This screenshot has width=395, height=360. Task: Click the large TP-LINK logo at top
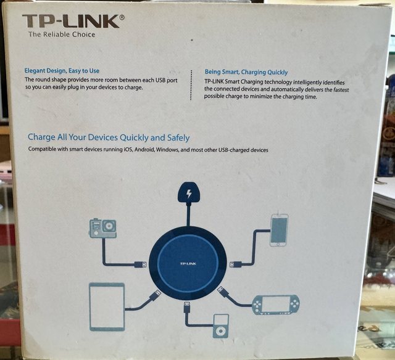(x=71, y=21)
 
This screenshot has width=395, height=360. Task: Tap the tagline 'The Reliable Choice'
(x=62, y=35)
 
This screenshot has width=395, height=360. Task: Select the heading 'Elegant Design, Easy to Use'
(x=62, y=71)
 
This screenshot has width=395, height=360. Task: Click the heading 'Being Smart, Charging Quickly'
(x=246, y=72)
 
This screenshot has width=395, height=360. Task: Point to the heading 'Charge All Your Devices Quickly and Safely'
(x=109, y=137)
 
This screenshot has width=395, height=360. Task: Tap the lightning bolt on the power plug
(x=189, y=194)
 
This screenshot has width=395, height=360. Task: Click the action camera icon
(x=103, y=228)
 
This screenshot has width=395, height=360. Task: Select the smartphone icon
(x=279, y=230)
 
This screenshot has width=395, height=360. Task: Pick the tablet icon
(x=107, y=306)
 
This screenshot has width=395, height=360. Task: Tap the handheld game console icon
(x=276, y=305)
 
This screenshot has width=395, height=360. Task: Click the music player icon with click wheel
(x=221, y=326)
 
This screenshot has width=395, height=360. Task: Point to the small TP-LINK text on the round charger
(x=188, y=263)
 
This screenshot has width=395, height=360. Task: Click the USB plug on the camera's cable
(x=140, y=264)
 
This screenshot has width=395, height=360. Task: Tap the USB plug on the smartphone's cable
(x=236, y=264)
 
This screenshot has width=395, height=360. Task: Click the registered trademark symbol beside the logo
(x=122, y=17)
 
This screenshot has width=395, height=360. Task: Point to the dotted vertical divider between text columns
(x=191, y=85)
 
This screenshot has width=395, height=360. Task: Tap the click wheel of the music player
(x=221, y=331)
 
